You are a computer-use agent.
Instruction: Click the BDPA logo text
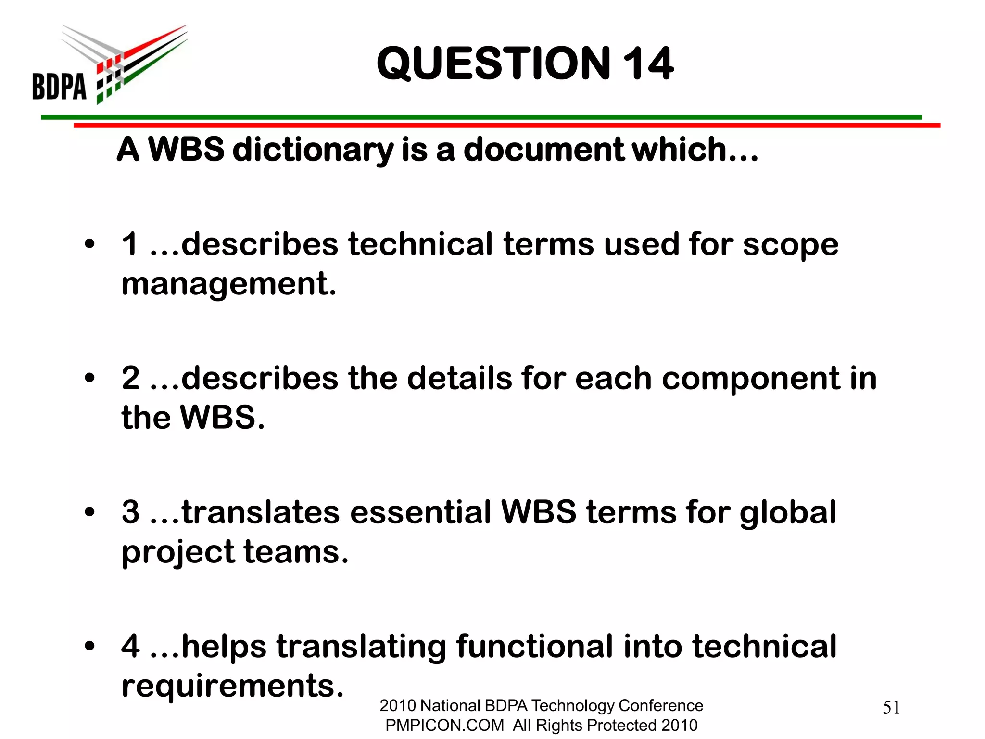click(x=59, y=87)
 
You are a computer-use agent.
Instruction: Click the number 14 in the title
click(x=648, y=64)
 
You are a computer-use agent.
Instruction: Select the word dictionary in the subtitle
click(x=313, y=150)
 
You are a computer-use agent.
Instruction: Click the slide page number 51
click(x=891, y=708)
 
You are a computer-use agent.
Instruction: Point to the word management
click(x=228, y=284)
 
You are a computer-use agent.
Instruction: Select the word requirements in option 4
click(x=233, y=686)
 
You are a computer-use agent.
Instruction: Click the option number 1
click(x=130, y=244)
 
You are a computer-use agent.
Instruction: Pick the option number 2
click(x=131, y=378)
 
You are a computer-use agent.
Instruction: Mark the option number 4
click(x=131, y=646)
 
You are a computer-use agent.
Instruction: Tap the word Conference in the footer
click(x=660, y=706)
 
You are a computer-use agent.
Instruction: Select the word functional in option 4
click(x=534, y=646)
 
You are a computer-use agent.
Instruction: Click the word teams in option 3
click(x=296, y=552)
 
